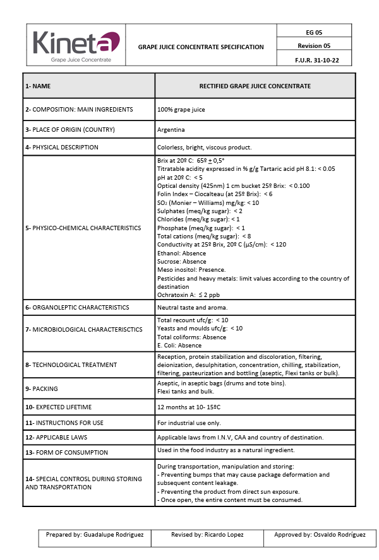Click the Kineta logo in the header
pyautogui.click(x=76, y=45)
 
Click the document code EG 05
pyautogui.click(x=314, y=32)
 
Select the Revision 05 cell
pyautogui.click(x=314, y=45)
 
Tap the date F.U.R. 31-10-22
pyautogui.click(x=314, y=59)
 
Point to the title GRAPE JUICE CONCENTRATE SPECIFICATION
pyautogui.click(x=201, y=47)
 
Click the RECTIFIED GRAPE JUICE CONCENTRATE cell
pyautogui.click(x=255, y=86)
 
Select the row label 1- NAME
pyautogui.click(x=38, y=86)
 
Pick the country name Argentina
pyautogui.click(x=171, y=129)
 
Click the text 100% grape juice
pyautogui.click(x=181, y=110)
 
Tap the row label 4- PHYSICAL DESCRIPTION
pyautogui.click(x=62, y=148)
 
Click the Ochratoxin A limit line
pyautogui.click(x=188, y=295)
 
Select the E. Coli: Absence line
pyautogui.click(x=179, y=346)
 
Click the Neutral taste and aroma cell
pyautogui.click(x=193, y=308)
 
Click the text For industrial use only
pyautogui.click(x=189, y=423)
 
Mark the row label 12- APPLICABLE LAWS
pyautogui.click(x=56, y=437)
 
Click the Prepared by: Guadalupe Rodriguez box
pyautogui.click(x=95, y=535)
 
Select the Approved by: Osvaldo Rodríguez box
pyautogui.click(x=320, y=535)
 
